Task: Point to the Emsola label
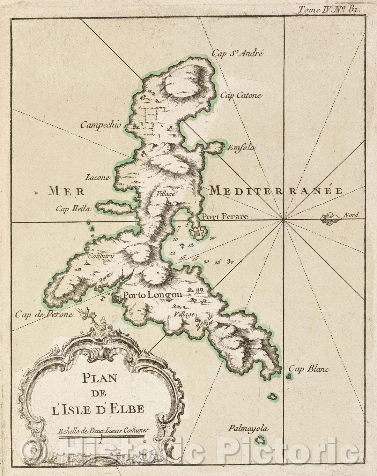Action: tap(241, 148)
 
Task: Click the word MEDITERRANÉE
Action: tap(275, 190)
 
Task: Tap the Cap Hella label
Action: tap(73, 209)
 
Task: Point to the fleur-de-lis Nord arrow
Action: tap(330, 219)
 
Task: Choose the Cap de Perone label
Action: tap(44, 314)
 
